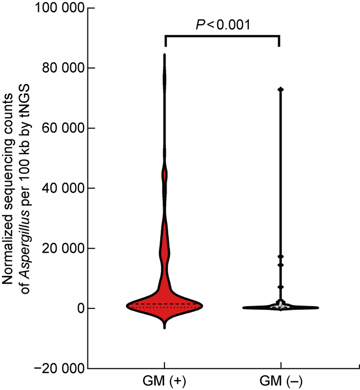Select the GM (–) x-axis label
281,382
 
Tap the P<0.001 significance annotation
222,24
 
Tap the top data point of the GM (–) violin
281,89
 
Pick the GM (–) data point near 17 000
281,256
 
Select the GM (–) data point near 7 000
281,287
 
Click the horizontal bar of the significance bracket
222,36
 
